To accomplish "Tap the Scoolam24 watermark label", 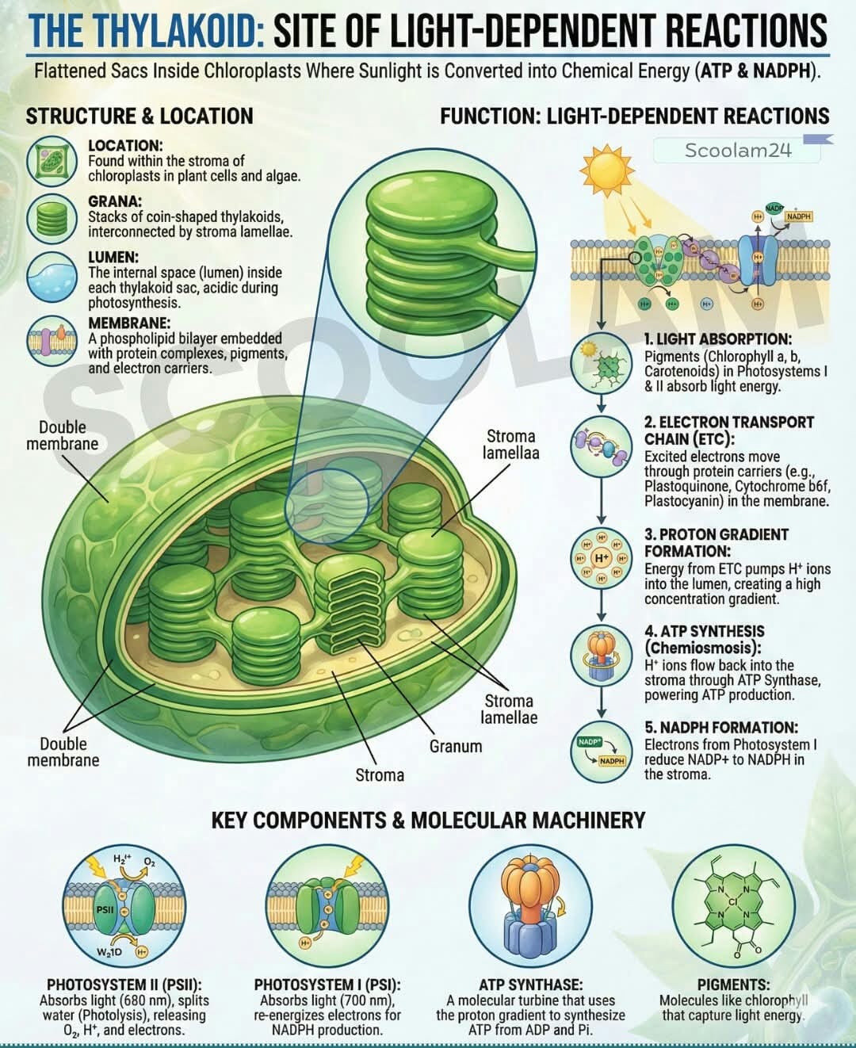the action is point(737,150).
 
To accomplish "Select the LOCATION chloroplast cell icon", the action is point(52,162).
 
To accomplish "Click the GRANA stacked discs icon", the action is point(52,218).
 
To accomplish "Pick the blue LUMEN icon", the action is point(52,277).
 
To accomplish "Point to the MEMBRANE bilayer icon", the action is point(52,341).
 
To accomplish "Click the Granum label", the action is point(456,746).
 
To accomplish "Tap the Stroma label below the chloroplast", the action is point(380,775).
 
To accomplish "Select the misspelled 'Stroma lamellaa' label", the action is point(510,444).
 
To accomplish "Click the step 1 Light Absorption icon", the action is point(601,363).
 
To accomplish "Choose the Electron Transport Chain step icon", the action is point(601,447).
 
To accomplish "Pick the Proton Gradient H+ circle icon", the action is point(601,559).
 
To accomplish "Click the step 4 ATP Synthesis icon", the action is point(601,656).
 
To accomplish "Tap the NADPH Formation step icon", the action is point(601,752).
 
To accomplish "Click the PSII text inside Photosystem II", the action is point(105,910).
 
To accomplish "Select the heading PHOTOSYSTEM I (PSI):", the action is point(327,985).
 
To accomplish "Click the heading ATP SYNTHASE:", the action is point(530,985).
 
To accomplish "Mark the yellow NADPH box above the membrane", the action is point(798,216).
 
